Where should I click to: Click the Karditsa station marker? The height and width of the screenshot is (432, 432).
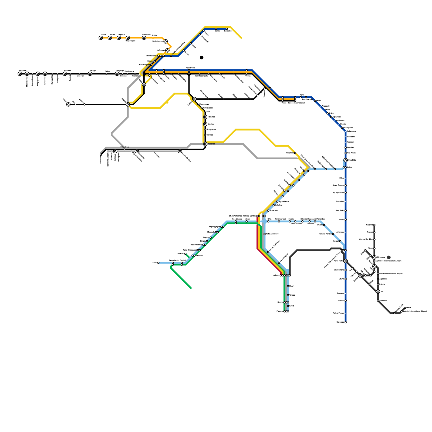coord(205,144)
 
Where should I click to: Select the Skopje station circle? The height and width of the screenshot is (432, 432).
coord(90,74)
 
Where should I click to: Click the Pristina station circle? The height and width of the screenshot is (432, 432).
coord(65,74)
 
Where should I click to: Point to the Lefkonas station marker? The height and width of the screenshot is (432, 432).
coord(167,50)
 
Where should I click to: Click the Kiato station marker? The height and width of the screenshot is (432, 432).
coord(158,263)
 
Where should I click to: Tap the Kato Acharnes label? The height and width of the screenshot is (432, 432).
coord(272,234)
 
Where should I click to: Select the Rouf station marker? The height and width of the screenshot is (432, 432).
coord(288,286)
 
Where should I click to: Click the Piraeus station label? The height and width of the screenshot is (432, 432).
coord(280,312)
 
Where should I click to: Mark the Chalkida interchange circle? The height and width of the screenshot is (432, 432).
coord(346,160)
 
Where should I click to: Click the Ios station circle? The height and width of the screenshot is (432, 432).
coord(378,292)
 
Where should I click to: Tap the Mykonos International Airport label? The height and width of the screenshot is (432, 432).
coord(389,261)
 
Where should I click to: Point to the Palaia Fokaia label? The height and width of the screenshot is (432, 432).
coord(339,313)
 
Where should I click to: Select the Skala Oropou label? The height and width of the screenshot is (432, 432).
coord(338,185)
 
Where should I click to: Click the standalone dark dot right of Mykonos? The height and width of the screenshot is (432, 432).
coord(389,257)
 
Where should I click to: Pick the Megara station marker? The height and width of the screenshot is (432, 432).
coord(211,238)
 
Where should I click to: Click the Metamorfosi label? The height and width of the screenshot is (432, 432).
coord(280,219)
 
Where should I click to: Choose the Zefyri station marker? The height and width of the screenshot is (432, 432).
coord(247,221)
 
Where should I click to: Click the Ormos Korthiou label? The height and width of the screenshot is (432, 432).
coord(366,239)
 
